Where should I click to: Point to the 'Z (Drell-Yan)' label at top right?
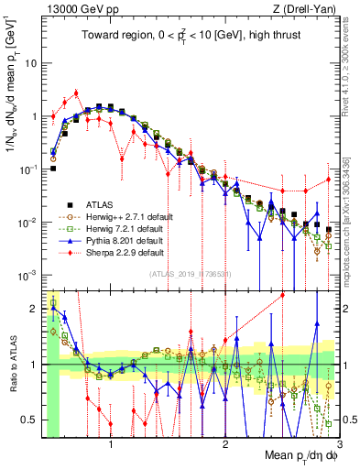tap(309, 9)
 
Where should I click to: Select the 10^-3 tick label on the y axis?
tap(29, 276)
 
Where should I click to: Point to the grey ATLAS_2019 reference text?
tap(191, 274)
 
